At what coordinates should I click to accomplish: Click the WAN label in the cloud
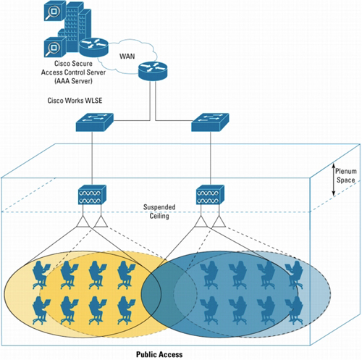tap(127, 56)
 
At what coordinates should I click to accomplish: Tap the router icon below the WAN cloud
tap(153, 71)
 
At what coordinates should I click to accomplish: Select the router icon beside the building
tap(94, 47)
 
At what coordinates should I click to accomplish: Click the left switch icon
tap(95, 122)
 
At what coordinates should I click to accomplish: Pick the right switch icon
tap(210, 122)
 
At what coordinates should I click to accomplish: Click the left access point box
tap(92, 195)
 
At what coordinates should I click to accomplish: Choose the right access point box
tap(210, 195)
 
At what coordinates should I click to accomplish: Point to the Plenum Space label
tap(345, 175)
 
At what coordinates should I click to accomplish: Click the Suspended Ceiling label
tap(159, 212)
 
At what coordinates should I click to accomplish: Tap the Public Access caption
tap(159, 354)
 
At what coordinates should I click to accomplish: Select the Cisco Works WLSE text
tap(75, 101)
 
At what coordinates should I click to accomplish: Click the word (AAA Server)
tap(73, 81)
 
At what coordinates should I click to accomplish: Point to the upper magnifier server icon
tap(55, 10)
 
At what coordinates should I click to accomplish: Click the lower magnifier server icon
tap(55, 47)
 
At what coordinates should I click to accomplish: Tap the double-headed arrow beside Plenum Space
tap(334, 180)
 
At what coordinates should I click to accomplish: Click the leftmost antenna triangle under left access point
tap(83, 222)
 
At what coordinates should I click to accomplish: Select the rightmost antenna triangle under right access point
tap(219, 222)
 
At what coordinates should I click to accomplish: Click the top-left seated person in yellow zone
tap(41, 275)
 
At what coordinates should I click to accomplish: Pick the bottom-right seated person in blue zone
tap(294, 310)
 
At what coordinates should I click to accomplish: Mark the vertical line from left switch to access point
tap(92, 159)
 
